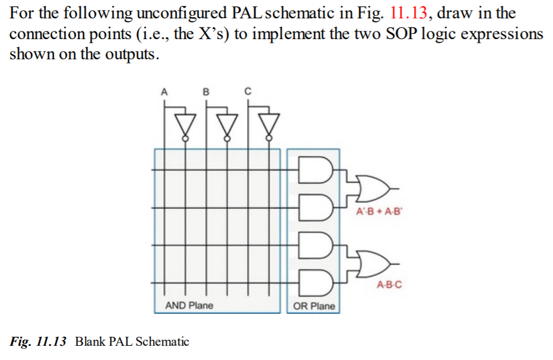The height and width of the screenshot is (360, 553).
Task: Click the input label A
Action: coord(164,92)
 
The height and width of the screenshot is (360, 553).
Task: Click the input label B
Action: coord(206,92)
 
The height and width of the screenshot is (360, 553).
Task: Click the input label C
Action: coord(248,92)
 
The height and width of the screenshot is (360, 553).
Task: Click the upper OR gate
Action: coord(370,188)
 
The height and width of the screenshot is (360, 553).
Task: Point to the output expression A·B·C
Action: coord(389,285)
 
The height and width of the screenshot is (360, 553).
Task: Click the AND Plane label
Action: coord(189,305)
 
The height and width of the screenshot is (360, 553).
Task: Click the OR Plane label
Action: coord(314,306)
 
